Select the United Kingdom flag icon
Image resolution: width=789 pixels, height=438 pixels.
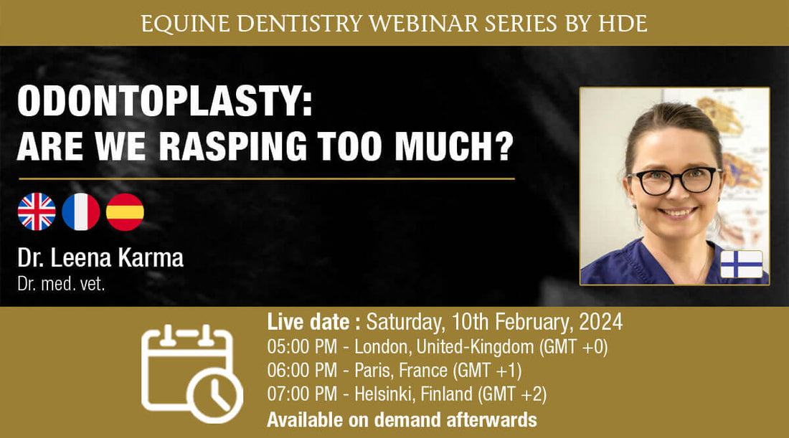pos(37,211)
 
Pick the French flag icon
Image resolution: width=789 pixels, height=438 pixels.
pos(80,211)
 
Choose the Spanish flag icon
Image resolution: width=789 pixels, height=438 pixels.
pos(125,211)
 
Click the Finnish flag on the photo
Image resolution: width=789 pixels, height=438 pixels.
pos(741,264)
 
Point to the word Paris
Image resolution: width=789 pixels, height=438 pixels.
pos(374,371)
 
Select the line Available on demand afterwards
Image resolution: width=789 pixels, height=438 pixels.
pos(401,419)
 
